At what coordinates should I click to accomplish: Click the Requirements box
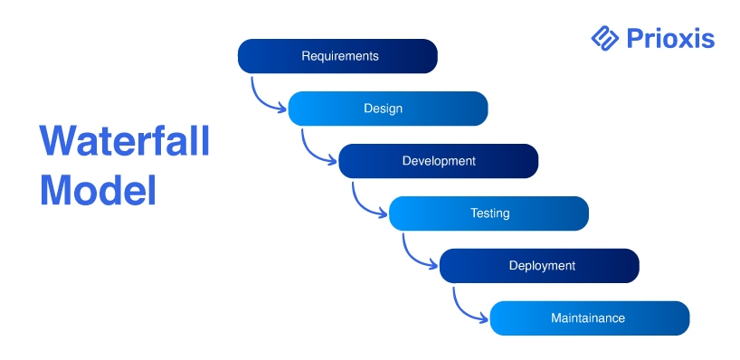point(337,56)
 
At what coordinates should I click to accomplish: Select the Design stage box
point(388,109)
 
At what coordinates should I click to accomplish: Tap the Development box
point(439,161)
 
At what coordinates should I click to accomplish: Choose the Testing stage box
point(489,213)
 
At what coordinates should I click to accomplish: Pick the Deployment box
point(539,266)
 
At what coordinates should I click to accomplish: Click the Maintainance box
point(590,318)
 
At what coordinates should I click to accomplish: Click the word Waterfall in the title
point(125,140)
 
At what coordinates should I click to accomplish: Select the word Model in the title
point(98,190)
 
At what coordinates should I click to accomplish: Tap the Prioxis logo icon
point(604,38)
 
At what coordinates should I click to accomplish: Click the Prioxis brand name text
point(670,39)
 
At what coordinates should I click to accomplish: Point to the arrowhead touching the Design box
point(282,109)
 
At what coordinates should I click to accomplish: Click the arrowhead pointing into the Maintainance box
point(485,318)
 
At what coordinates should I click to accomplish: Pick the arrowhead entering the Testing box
point(384,213)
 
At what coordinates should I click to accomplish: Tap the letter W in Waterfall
point(59,140)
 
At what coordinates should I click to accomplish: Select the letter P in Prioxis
point(635,39)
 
